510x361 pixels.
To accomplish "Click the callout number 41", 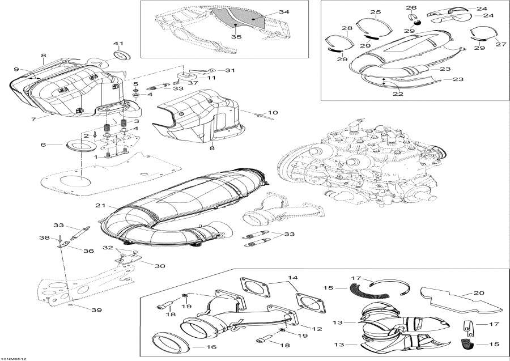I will pyautogui.click(x=118, y=43).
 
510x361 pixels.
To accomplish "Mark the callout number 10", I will pyautogui.click(x=273, y=112).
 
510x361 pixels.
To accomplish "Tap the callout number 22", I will pyautogui.click(x=398, y=94).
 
